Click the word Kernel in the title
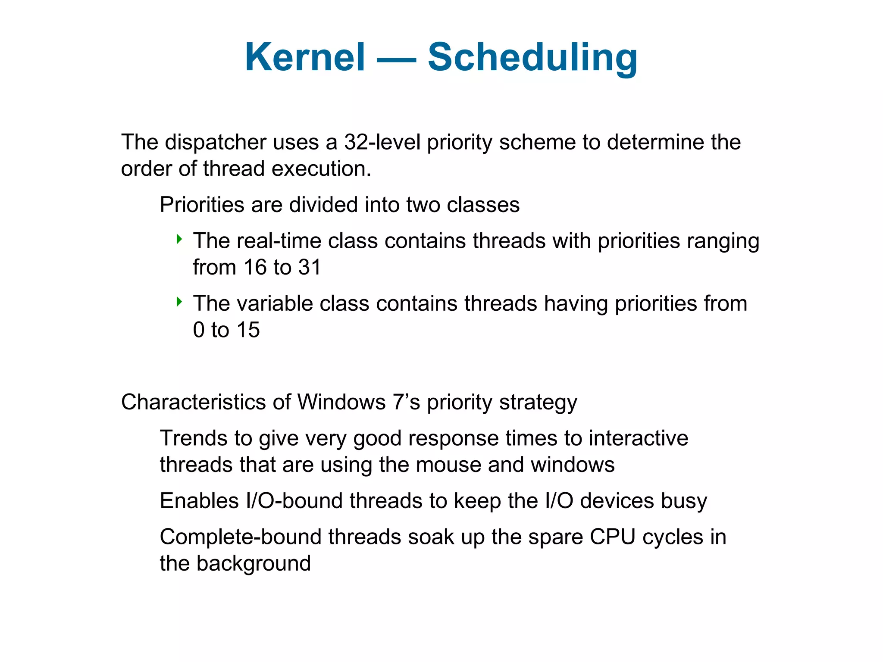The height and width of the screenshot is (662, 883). [x=305, y=57]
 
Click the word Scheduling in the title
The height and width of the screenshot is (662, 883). [x=532, y=57]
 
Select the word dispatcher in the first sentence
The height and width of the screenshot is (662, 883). [x=216, y=142]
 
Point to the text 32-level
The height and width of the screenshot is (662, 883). [x=382, y=142]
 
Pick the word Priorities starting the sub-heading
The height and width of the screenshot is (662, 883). [x=201, y=205]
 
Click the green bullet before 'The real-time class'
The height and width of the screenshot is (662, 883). [x=179, y=239]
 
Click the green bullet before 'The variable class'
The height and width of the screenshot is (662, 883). [x=179, y=302]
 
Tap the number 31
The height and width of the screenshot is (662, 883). [x=310, y=268]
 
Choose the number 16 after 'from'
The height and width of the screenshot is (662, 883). [x=255, y=268]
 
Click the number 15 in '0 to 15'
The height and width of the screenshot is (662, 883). [x=248, y=330]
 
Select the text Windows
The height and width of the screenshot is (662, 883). [x=341, y=402]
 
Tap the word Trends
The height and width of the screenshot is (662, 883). [x=194, y=438]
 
